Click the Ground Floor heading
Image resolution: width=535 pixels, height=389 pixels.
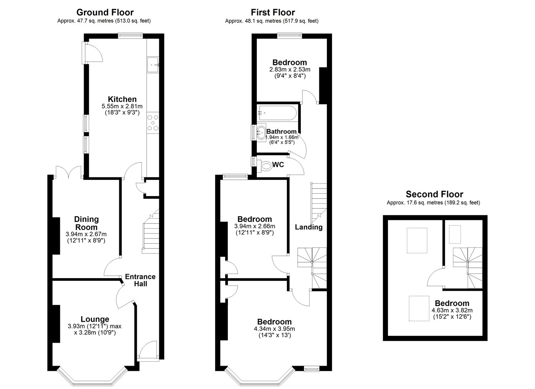pyautogui.click(x=105, y=12)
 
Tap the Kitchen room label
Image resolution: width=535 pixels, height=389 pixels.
pyautogui.click(x=122, y=99)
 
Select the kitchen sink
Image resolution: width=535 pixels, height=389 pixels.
pyautogui.click(x=153, y=65)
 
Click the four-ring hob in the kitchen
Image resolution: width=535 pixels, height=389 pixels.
pyautogui.click(x=153, y=123)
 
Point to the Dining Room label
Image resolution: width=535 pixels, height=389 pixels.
pyautogui.click(x=86, y=223)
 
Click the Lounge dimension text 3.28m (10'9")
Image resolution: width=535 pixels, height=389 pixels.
pyautogui.click(x=95, y=332)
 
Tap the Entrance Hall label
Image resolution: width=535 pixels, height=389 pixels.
pyautogui.click(x=140, y=280)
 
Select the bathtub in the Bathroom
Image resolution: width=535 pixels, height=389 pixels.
pyautogui.click(x=278, y=113)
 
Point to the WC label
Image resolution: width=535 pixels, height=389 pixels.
pyautogui.click(x=278, y=164)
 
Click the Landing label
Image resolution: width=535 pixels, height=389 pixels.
pyautogui.click(x=309, y=227)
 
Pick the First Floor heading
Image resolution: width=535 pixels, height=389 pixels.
pyautogui.click(x=273, y=12)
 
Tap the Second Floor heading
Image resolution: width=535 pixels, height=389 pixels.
pyautogui.click(x=434, y=194)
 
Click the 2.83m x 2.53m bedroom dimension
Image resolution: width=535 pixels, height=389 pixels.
pyautogui.click(x=290, y=69)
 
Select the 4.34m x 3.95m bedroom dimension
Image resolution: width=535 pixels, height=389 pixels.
pyautogui.click(x=274, y=328)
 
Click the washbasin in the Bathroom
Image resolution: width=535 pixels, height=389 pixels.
pyautogui.click(x=261, y=132)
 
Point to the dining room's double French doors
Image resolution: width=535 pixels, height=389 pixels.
pyautogui.click(x=69, y=172)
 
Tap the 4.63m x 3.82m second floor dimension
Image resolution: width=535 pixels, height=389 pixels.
pyautogui.click(x=452, y=310)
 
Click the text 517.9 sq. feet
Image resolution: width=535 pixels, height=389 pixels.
pyautogui.click(x=300, y=21)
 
